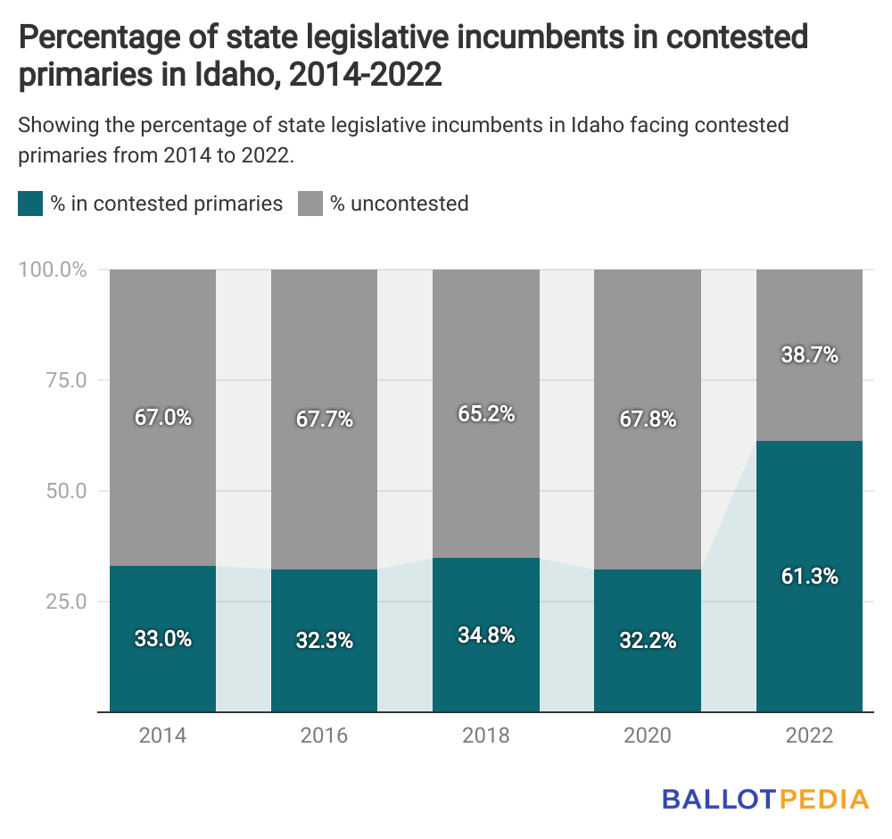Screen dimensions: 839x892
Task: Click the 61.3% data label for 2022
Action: (809, 577)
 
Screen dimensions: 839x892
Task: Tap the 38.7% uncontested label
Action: (809, 354)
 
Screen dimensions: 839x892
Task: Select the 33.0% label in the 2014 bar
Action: (162, 639)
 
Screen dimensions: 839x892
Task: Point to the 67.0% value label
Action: (162, 417)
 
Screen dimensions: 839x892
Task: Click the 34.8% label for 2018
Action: (486, 635)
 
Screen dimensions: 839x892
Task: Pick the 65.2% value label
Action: (486, 413)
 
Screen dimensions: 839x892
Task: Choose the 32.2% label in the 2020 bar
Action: (648, 641)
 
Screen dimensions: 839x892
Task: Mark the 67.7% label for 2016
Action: (325, 419)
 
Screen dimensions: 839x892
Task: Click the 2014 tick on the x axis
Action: (162, 735)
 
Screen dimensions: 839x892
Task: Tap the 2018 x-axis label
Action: (486, 735)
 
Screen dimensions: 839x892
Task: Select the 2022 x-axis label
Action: (809, 735)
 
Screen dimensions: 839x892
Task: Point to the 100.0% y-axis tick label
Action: (52, 270)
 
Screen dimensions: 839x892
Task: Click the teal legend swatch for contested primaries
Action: (30, 204)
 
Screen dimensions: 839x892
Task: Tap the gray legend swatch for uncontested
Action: (310, 204)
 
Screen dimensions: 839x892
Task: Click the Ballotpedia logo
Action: (764, 798)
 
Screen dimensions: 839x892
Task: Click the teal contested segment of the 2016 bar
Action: (325, 678)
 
